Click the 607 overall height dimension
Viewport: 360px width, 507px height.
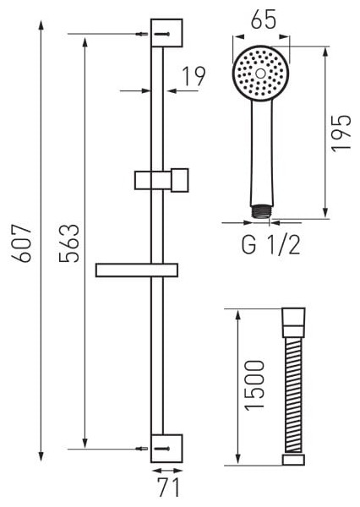pyautogui.click(x=21, y=243)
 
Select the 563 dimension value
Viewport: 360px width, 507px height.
pyautogui.click(x=69, y=243)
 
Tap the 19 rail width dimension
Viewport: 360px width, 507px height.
pyautogui.click(x=194, y=77)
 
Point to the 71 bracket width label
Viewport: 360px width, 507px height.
pyautogui.click(x=169, y=488)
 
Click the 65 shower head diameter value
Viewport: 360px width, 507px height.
pyautogui.click(x=264, y=19)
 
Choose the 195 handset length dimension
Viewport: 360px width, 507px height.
pyautogui.click(x=341, y=132)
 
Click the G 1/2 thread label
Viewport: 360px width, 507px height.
pyautogui.click(x=271, y=245)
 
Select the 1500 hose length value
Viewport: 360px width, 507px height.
pyautogui.click(x=254, y=385)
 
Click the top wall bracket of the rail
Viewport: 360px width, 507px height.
pyautogui.click(x=166, y=33)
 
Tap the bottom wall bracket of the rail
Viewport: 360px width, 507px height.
pyautogui.click(x=166, y=448)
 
